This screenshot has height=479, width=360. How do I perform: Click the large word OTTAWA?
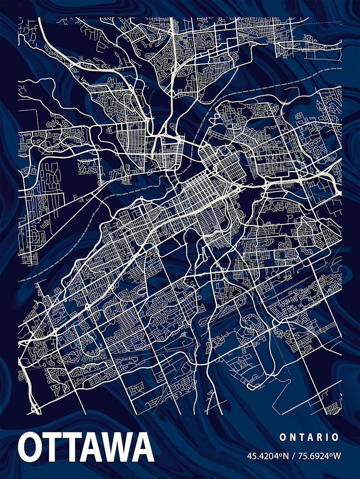(86, 447)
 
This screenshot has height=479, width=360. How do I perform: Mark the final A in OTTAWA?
(142, 447)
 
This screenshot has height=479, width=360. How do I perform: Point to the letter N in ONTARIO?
(291, 437)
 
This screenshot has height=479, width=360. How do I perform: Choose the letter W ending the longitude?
(337, 456)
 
